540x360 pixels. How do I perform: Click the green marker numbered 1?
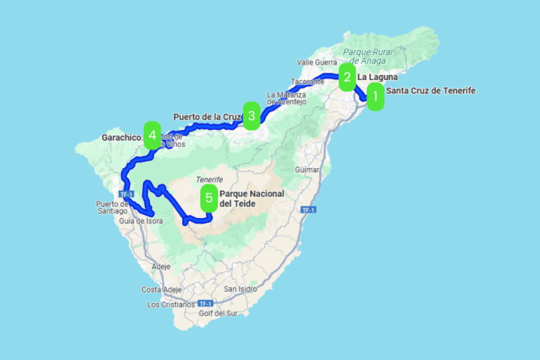point(375,97)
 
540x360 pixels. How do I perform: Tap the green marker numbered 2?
point(347,77)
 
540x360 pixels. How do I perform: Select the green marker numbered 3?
point(252,115)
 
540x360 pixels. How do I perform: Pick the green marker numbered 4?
point(152,135)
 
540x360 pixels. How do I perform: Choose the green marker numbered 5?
point(209,198)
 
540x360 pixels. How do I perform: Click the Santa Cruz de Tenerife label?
point(431,91)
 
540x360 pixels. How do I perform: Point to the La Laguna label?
point(378,77)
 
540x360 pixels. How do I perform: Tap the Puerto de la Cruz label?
point(207,116)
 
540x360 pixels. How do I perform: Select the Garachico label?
point(122,138)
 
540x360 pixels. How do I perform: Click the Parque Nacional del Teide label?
point(245,198)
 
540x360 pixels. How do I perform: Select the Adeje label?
point(161,266)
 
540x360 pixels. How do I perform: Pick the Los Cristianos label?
point(171,304)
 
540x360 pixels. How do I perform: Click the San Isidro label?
point(240,289)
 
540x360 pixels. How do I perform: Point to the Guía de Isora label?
point(141,221)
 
